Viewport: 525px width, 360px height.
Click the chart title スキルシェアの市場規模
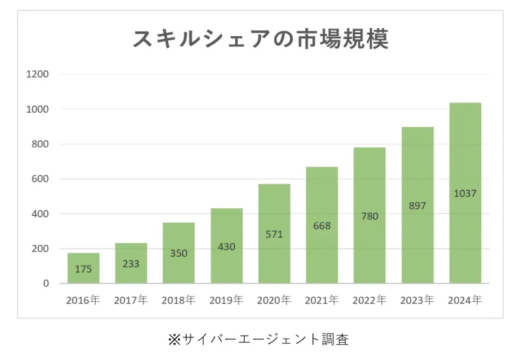pos(260,39)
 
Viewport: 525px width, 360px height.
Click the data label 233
pos(131,264)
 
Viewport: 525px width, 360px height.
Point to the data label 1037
pos(465,193)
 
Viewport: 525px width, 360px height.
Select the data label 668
pos(322,225)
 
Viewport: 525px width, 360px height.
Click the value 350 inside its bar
pos(179,253)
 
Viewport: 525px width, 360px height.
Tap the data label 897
pos(417,205)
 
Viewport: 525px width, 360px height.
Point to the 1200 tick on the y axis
pos(38,74)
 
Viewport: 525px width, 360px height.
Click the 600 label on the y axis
pos(40,179)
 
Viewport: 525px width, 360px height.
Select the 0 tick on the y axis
pos(45,283)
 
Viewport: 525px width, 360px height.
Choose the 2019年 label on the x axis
pos(227,300)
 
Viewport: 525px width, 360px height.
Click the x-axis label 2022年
pos(370,300)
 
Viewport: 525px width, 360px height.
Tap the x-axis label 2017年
pos(131,300)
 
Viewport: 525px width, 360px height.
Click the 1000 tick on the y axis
pos(38,109)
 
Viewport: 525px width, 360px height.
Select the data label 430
pos(227,246)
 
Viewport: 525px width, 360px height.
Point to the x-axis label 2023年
pos(418,300)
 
